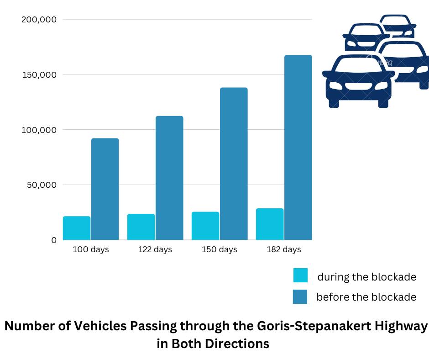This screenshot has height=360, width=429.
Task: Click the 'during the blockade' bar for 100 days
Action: [x=77, y=228]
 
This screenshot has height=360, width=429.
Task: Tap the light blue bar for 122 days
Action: [x=141, y=227]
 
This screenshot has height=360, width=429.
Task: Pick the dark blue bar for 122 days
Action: [x=169, y=178]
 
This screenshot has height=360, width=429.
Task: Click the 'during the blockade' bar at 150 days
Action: [x=205, y=226]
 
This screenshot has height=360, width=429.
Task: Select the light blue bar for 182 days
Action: [x=270, y=224]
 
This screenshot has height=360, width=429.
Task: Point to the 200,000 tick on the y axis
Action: [x=39, y=20]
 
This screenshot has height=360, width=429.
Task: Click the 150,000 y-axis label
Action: [x=39, y=74]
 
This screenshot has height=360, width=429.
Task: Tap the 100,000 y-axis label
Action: [x=39, y=130]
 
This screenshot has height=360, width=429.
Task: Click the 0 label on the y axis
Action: [x=54, y=240]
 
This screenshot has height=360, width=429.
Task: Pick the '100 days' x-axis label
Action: [x=91, y=250]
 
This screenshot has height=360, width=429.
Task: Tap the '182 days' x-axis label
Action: [x=284, y=250]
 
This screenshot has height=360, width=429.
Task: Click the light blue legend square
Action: [x=300, y=275]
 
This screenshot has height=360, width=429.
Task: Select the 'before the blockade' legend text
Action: [x=366, y=297]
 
